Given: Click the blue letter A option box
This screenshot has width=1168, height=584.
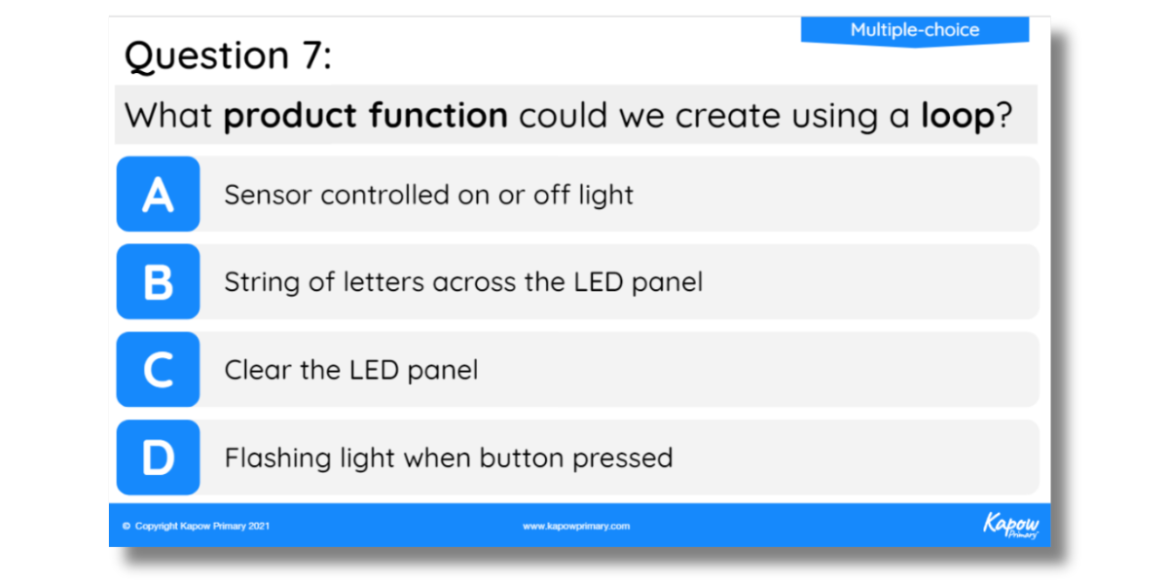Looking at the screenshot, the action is pos(158,194).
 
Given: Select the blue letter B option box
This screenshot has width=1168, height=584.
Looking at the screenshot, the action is pos(158,281).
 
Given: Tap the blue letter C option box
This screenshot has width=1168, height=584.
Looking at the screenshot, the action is pos(158,369).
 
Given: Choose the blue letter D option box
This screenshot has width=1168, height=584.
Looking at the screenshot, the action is pos(158,457).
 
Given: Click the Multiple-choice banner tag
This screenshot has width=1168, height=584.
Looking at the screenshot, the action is pos(915,31).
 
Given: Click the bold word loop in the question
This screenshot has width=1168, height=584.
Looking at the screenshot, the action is pos(958,116).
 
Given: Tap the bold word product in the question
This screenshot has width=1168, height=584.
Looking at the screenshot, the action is pos(290,116).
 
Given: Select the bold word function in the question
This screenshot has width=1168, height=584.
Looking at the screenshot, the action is pos(438,115).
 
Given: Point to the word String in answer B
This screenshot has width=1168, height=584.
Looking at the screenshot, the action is pos(262,283).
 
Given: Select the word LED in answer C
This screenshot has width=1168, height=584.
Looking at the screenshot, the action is pos(374,370).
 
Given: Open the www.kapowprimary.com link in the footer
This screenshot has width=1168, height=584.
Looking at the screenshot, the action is pos(576,527).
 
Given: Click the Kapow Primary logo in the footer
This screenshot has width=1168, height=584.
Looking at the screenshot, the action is pos(1010,525).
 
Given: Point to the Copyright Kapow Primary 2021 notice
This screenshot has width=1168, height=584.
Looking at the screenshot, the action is pos(196,527).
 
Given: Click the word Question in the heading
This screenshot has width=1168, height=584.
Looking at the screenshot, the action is pos(206,56).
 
